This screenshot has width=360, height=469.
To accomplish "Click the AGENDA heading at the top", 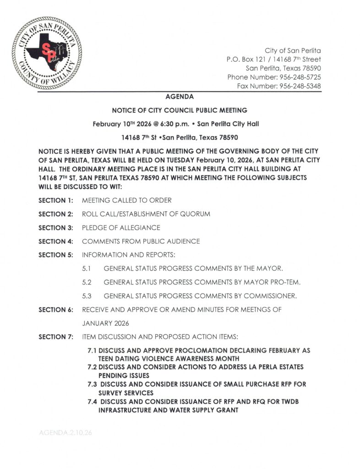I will pos(180,97).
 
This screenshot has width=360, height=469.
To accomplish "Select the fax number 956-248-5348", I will pos(300,86).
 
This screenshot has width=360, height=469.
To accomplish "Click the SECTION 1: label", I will pos(56,200).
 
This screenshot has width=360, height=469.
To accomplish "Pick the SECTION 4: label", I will pos(56,241).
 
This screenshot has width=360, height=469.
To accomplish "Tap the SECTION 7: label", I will pos(56,337).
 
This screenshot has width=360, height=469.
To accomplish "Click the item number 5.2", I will pos(87,282).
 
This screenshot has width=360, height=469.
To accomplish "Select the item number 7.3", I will pos(92,384).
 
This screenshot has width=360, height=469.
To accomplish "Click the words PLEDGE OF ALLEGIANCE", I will pos(121,228).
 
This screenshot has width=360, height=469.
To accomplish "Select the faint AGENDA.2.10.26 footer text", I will pos(65,432).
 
